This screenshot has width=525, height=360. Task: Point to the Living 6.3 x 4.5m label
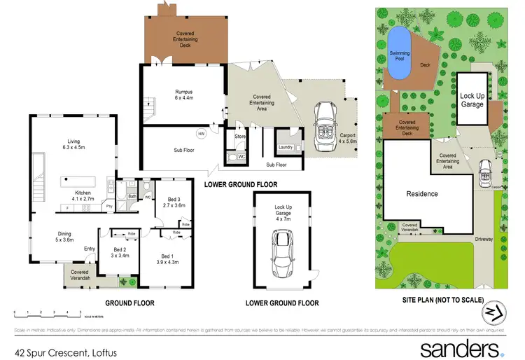coord(69,144)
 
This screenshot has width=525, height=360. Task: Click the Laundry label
coord(285,147)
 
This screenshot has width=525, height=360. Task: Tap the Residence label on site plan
coord(422,193)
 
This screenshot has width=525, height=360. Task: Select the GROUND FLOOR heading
coord(129,303)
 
